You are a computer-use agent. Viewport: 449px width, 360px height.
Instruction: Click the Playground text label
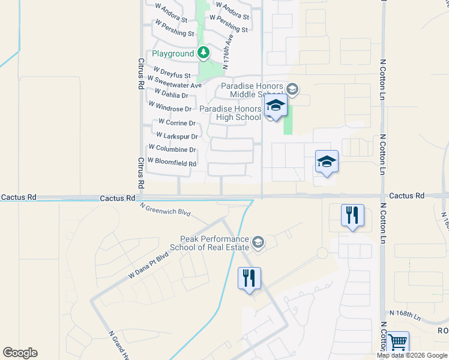pyautogui.click(x=172, y=54)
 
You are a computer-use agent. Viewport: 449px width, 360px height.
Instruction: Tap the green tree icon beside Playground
pyautogui.click(x=203, y=53)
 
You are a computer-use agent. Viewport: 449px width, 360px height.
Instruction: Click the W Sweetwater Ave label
pyautogui.click(x=174, y=85)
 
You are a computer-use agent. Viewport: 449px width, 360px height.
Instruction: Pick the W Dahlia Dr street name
pyautogui.click(x=171, y=95)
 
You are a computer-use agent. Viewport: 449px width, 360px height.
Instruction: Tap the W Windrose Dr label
pyautogui.click(x=171, y=109)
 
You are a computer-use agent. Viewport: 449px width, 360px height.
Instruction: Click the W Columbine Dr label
pyautogui.click(x=172, y=149)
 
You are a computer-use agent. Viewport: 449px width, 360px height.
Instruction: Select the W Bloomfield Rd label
pyautogui.click(x=172, y=163)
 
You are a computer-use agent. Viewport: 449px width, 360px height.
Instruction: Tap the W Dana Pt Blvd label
pyautogui.click(x=148, y=266)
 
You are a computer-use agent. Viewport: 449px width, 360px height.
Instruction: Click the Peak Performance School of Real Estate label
pyautogui.click(x=209, y=243)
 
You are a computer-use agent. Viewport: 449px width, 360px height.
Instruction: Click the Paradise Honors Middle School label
pyautogui.click(x=252, y=91)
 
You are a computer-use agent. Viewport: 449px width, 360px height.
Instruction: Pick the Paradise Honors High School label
pyautogui.click(x=231, y=113)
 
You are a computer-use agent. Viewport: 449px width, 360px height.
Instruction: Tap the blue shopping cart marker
pyautogui.click(x=398, y=343)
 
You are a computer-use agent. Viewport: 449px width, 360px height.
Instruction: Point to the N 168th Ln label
pyautogui.click(x=405, y=313)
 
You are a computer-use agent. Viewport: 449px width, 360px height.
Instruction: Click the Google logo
pyautogui.click(x=20, y=353)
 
